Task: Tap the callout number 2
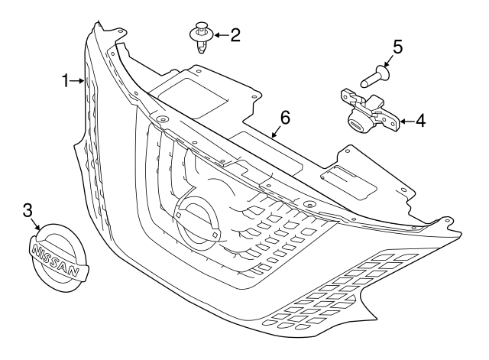point(234,34)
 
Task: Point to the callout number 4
point(420,121)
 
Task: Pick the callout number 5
point(397,47)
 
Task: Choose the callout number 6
point(285,118)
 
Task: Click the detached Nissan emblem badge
point(57,258)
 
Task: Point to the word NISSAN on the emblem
point(56,258)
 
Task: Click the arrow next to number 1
point(80,80)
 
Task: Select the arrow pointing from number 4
point(403,121)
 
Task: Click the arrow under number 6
point(277,130)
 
